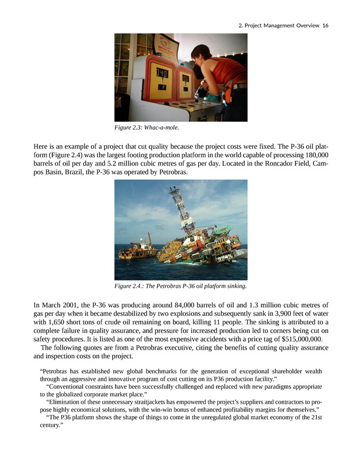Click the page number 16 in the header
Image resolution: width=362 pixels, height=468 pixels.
click(x=325, y=25)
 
